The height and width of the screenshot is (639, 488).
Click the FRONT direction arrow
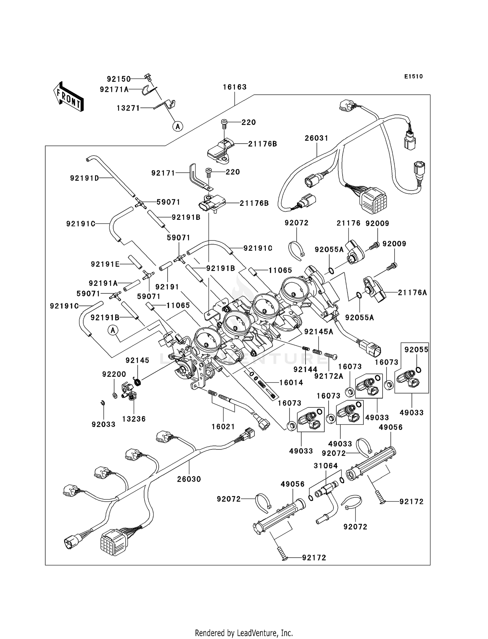(x=68, y=97)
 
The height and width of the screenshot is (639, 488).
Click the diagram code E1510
(x=413, y=77)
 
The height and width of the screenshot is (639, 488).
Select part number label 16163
(x=235, y=87)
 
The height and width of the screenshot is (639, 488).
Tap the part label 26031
(x=317, y=138)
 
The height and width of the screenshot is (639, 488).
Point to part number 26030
(x=189, y=479)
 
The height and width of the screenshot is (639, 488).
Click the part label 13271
(x=128, y=108)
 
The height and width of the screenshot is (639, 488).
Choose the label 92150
(x=119, y=79)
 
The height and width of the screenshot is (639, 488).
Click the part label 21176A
(x=412, y=292)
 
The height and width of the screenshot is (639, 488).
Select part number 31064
(x=326, y=466)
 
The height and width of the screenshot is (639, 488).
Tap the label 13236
(x=134, y=419)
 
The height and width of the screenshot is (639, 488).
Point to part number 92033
(x=103, y=424)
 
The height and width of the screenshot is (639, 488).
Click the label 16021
(x=223, y=426)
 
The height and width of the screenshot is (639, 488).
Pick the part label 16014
(x=291, y=383)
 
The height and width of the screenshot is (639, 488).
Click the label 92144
(x=305, y=369)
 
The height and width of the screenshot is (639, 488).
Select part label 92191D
(x=85, y=178)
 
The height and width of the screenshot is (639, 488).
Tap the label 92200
(x=114, y=374)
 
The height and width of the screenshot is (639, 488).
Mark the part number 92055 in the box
(x=416, y=349)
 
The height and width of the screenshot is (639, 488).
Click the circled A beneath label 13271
(x=178, y=126)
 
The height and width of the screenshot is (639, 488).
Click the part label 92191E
(x=105, y=264)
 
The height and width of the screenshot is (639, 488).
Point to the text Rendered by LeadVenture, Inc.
(x=244, y=633)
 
